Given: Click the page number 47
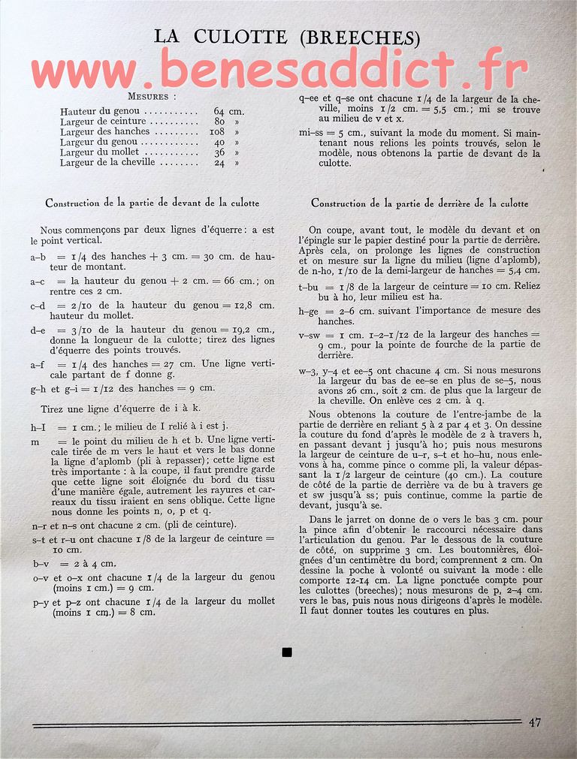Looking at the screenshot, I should pyautogui.click(x=534, y=722).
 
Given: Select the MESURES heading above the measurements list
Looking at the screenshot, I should pyautogui.click(x=153, y=97).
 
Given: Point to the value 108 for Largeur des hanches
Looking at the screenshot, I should pyautogui.click(x=217, y=131).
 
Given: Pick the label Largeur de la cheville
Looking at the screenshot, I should pyautogui.click(x=107, y=162).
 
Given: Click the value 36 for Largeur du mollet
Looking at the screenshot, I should pyautogui.click(x=219, y=152).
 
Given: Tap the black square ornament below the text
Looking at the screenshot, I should pyautogui.click(x=286, y=652).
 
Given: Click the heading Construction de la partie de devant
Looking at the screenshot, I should pyautogui.click(x=153, y=203).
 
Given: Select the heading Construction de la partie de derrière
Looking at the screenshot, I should pyautogui.click(x=419, y=203).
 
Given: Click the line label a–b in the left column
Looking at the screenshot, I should pyautogui.click(x=38, y=257).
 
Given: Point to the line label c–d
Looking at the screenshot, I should pyautogui.click(x=38, y=306).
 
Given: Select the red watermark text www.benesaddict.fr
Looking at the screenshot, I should pyautogui.click(x=279, y=71).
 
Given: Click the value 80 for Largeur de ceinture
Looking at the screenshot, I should pyautogui.click(x=219, y=122).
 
